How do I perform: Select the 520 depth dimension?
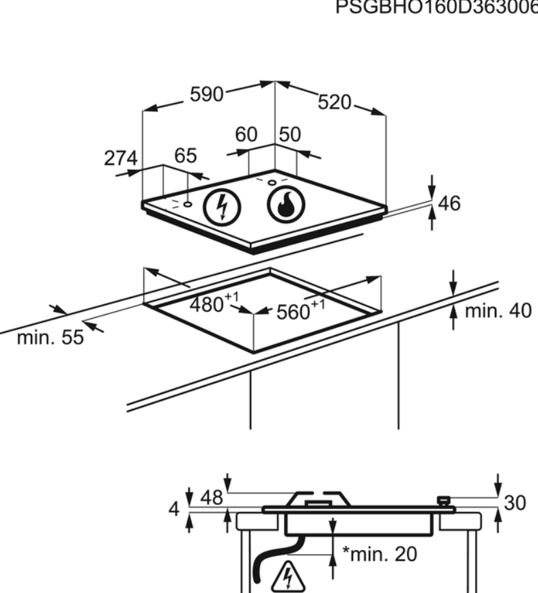[x=335, y=103]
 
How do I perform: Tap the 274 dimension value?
[x=120, y=158]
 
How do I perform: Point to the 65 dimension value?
[x=185, y=156]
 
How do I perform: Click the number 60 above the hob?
[x=246, y=135]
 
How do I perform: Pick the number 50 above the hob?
[x=289, y=135]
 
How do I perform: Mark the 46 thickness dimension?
[x=450, y=203]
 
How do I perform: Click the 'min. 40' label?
[x=497, y=310]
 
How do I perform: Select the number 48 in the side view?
[x=212, y=498]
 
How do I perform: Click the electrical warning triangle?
[x=290, y=577]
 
